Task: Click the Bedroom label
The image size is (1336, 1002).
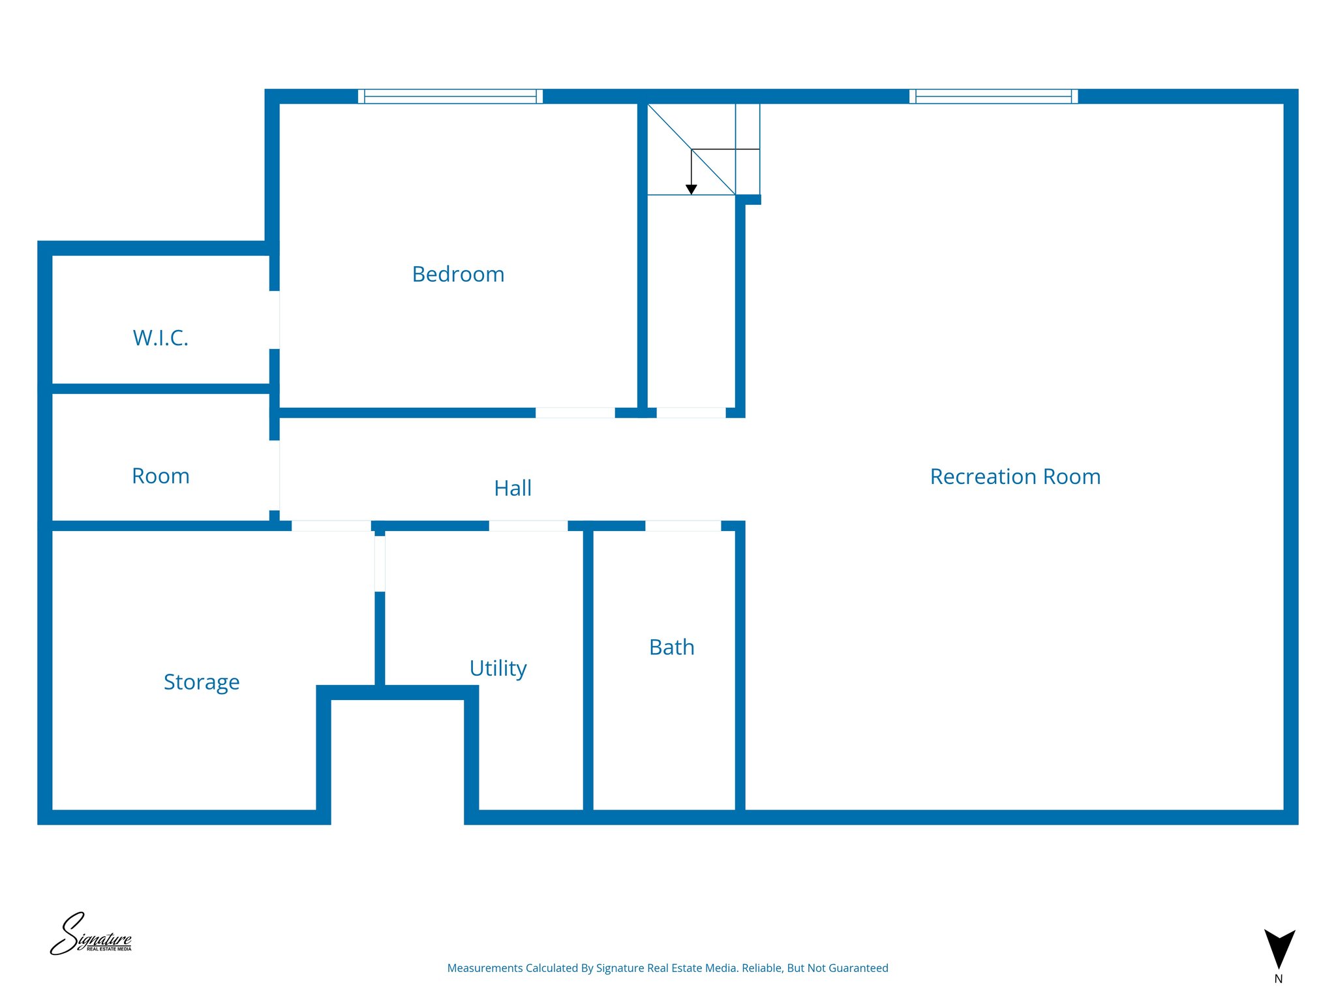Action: point(458,274)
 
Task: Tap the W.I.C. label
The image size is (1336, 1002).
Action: point(160,338)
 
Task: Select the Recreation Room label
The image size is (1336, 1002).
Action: point(1015,477)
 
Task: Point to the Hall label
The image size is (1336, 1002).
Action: point(513,488)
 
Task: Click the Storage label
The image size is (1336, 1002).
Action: point(202,682)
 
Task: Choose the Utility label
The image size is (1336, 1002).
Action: point(498,669)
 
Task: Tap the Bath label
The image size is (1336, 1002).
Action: point(672,647)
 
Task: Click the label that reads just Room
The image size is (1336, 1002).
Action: point(160,476)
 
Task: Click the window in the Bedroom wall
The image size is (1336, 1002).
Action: point(450,97)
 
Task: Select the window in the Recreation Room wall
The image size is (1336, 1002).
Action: point(994,97)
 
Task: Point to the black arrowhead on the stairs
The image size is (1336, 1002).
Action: point(691,189)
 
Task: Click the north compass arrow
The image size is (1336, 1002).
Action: point(1279,948)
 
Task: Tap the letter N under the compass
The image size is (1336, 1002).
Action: point(1279,979)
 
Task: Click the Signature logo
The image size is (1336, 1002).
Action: point(91,934)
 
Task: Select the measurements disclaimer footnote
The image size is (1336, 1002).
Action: point(667,968)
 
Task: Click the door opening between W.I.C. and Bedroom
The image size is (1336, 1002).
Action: point(275,320)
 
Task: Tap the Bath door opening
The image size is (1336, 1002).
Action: point(683,526)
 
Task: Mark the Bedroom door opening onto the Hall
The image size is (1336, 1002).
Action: point(575,413)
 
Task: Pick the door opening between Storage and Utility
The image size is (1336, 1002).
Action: point(380,564)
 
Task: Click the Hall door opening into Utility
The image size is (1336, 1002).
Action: point(528,526)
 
